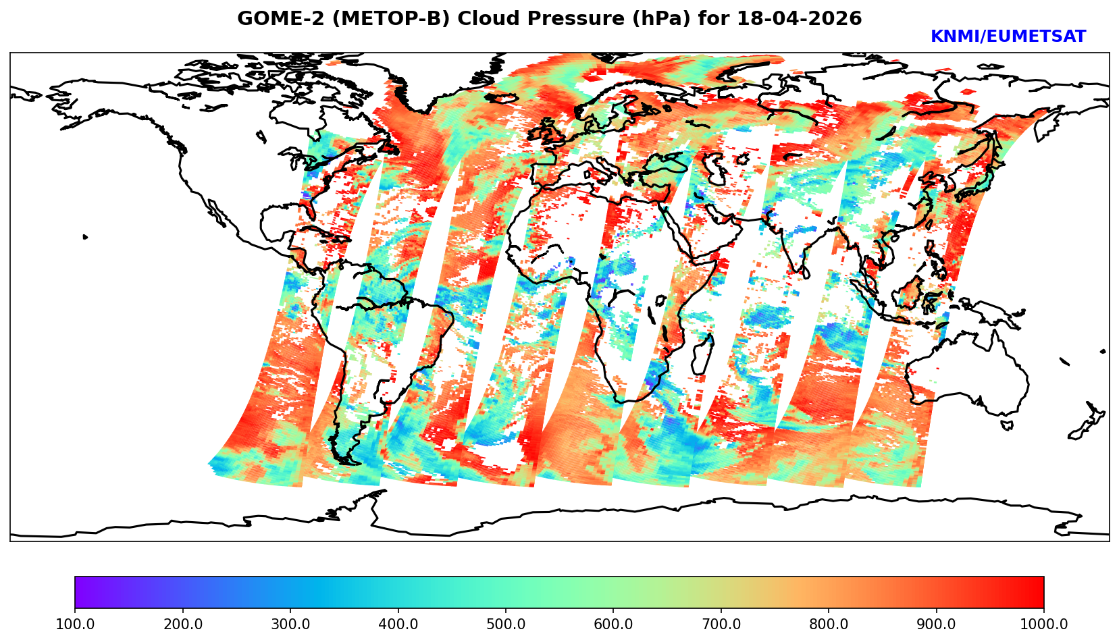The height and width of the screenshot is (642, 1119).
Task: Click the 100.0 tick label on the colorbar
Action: point(75,624)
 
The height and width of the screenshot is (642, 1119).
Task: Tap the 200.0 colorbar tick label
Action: point(182,624)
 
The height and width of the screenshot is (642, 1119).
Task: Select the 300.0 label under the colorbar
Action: point(290,624)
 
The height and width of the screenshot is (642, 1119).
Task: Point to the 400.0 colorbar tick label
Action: point(398,624)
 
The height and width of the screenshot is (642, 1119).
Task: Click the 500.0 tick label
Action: point(506,624)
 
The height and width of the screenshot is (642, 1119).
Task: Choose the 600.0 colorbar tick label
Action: point(613,624)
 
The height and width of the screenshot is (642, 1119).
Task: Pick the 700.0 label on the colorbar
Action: point(721,624)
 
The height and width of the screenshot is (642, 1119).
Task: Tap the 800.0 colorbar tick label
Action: point(829,624)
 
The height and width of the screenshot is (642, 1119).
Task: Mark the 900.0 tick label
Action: point(937,624)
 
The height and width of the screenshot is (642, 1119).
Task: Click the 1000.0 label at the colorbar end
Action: point(1044,624)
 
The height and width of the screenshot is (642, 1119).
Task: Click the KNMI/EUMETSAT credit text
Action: point(1008,37)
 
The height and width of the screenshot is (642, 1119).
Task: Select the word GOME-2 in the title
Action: point(267,19)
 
